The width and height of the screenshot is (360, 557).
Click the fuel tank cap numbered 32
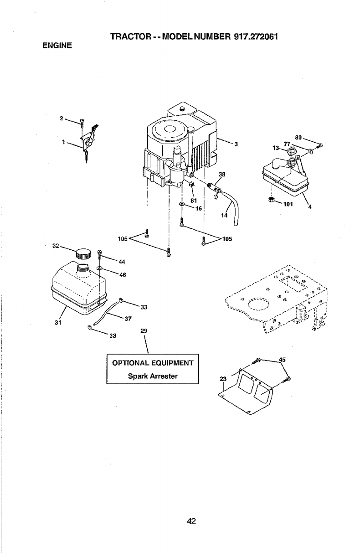[x=83, y=253]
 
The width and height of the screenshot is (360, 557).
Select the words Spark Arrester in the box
[x=152, y=376]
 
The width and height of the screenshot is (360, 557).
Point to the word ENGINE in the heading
[x=58, y=46]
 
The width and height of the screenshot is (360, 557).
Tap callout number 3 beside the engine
[x=237, y=145]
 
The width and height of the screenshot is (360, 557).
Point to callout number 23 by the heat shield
[x=223, y=378]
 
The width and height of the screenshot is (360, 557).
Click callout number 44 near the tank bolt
[x=121, y=262]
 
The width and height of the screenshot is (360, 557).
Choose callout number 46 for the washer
[x=122, y=275]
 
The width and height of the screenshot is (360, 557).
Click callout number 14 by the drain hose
[x=224, y=216]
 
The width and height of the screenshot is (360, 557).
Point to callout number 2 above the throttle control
[x=62, y=119]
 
